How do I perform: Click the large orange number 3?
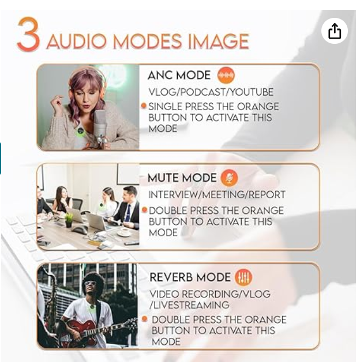click(x=29, y=34)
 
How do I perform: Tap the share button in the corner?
click(x=335, y=31)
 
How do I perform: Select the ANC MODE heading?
click(x=179, y=76)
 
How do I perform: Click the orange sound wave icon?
click(x=226, y=75)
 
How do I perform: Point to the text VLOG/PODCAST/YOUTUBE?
click(x=211, y=92)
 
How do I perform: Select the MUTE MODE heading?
click(x=182, y=178)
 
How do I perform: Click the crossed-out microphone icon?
click(x=229, y=178)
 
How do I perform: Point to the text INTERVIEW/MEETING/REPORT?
click(x=217, y=195)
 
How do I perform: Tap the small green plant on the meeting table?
click(x=69, y=220)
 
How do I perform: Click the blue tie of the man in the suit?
click(x=127, y=213)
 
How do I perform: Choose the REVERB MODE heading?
click(x=190, y=277)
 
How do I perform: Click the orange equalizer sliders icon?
click(x=243, y=277)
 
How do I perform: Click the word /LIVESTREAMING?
click(x=189, y=305)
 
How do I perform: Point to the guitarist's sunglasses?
click(x=91, y=283)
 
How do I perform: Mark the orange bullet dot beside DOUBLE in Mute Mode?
click(x=145, y=210)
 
